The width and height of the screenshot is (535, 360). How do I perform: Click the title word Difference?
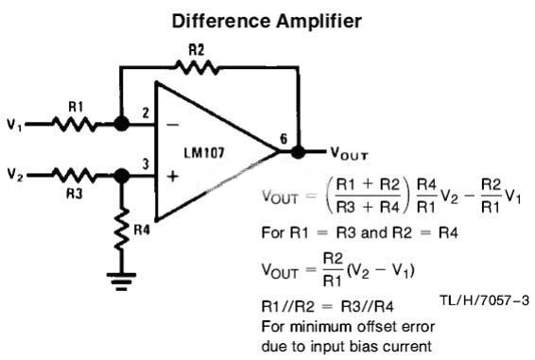coord(220,21)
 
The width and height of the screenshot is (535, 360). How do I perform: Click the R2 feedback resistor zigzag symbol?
coord(197,67)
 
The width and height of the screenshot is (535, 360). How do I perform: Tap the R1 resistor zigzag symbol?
coord(75,124)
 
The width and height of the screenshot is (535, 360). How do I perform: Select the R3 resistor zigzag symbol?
coord(75,176)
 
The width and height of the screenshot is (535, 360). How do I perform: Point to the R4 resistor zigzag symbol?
coord(122,230)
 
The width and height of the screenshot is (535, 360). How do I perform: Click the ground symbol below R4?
coord(121,282)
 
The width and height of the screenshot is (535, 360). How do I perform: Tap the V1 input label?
coord(14,124)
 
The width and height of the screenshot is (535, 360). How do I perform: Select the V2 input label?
coord(15,175)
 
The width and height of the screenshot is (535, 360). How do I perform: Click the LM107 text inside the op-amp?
coord(204,152)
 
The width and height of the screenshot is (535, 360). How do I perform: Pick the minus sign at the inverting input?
coord(172,126)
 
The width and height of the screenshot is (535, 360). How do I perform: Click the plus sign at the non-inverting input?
coord(173,177)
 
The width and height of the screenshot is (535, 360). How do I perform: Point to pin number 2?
coord(146,113)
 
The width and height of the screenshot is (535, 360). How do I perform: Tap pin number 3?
coord(146,164)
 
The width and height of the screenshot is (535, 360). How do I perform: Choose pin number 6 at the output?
coord(284,139)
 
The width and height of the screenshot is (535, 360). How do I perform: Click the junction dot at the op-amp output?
coord(298,151)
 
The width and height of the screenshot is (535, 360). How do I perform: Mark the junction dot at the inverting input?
coord(121,124)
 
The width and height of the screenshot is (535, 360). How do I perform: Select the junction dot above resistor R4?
coord(121,176)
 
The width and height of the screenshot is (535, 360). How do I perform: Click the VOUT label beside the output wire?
coord(349,154)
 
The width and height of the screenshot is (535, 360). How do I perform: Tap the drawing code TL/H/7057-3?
coord(484,300)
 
